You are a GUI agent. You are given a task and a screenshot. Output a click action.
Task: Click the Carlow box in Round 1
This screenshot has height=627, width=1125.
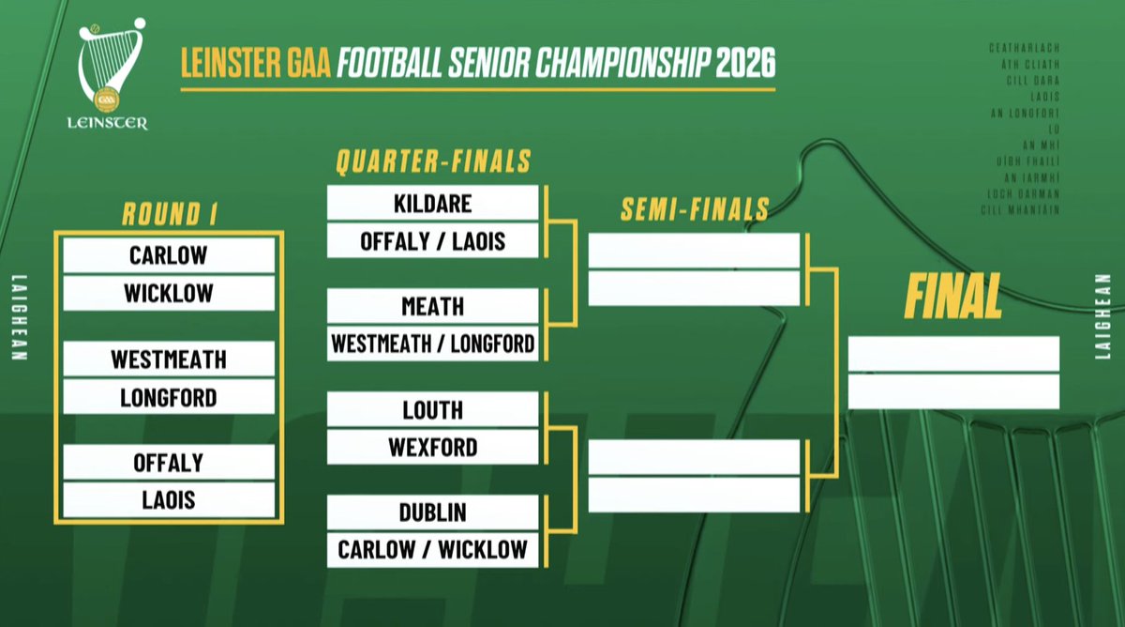pyautogui.click(x=169, y=255)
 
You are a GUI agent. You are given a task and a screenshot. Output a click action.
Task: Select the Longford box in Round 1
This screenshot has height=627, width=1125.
pyautogui.click(x=169, y=397)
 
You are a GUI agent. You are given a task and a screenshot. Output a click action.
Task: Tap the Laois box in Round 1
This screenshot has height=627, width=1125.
pyautogui.click(x=169, y=499)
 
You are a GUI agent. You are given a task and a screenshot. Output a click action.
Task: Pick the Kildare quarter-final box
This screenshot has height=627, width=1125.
pyautogui.click(x=433, y=203)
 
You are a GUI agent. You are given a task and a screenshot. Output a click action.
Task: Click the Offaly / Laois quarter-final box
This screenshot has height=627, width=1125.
pyautogui.click(x=433, y=241)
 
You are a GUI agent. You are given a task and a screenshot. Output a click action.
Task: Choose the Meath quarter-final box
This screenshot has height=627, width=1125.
pyautogui.click(x=433, y=306)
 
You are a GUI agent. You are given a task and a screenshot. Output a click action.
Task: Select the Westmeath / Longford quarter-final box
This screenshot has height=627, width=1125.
pyautogui.click(x=433, y=344)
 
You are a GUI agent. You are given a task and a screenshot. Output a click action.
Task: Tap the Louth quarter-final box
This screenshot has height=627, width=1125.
pyautogui.click(x=433, y=409)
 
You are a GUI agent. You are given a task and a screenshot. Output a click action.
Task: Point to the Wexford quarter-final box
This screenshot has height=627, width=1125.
pyautogui.click(x=433, y=447)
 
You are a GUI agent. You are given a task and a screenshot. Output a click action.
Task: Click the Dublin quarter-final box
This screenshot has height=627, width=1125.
pyautogui.click(x=433, y=512)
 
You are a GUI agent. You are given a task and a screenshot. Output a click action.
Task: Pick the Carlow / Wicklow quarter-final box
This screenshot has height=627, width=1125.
pyautogui.click(x=433, y=549)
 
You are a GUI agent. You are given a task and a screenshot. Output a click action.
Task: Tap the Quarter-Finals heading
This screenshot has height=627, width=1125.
pyautogui.click(x=433, y=162)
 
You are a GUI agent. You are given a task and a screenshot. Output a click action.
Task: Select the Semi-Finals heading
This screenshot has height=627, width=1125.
pyautogui.click(x=695, y=209)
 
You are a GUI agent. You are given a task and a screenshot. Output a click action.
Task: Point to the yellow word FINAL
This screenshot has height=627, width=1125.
pyautogui.click(x=952, y=297)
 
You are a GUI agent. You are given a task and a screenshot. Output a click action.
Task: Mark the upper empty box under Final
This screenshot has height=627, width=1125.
pyautogui.click(x=953, y=353)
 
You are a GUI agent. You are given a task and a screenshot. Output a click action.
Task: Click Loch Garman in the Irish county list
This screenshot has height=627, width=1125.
pyautogui.click(x=1025, y=193)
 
